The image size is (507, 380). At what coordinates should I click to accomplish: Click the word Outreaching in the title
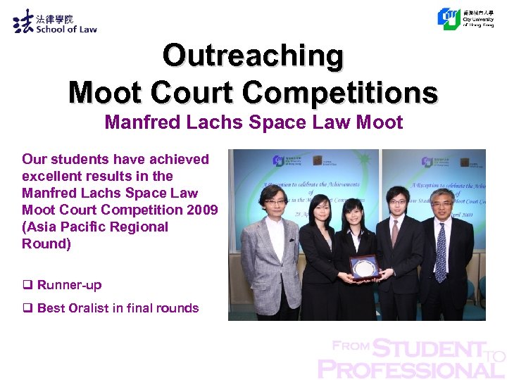[253, 56]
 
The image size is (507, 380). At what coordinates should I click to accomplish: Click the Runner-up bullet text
[69, 285]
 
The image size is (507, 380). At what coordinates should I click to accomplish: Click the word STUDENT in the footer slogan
[429, 348]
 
